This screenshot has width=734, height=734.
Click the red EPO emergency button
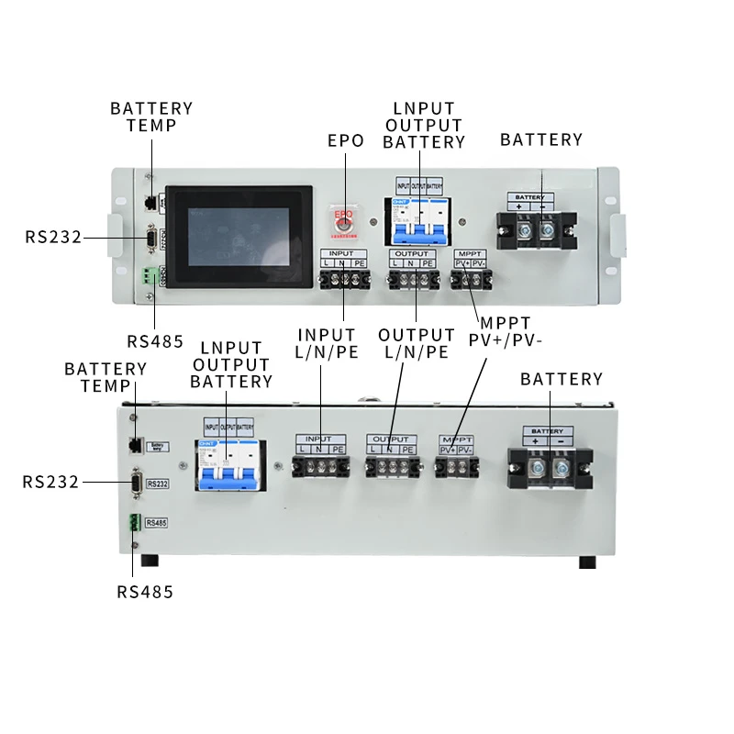pos(344,220)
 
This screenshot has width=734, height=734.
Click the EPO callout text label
pos(346,141)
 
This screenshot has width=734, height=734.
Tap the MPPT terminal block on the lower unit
pos(456,467)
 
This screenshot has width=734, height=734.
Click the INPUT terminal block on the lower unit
pos(320,467)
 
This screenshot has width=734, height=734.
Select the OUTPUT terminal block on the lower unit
pos(391,467)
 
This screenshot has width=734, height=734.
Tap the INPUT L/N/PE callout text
pos(327,343)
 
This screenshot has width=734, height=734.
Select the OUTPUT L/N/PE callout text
pos(416,343)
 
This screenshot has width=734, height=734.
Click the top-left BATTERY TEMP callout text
pos(151,117)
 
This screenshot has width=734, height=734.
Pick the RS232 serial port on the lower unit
pos(138,484)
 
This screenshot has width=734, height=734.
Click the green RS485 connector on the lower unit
pos(136,523)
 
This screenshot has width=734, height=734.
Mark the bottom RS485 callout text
pos(145,592)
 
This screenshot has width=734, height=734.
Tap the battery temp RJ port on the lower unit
pos(136,446)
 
